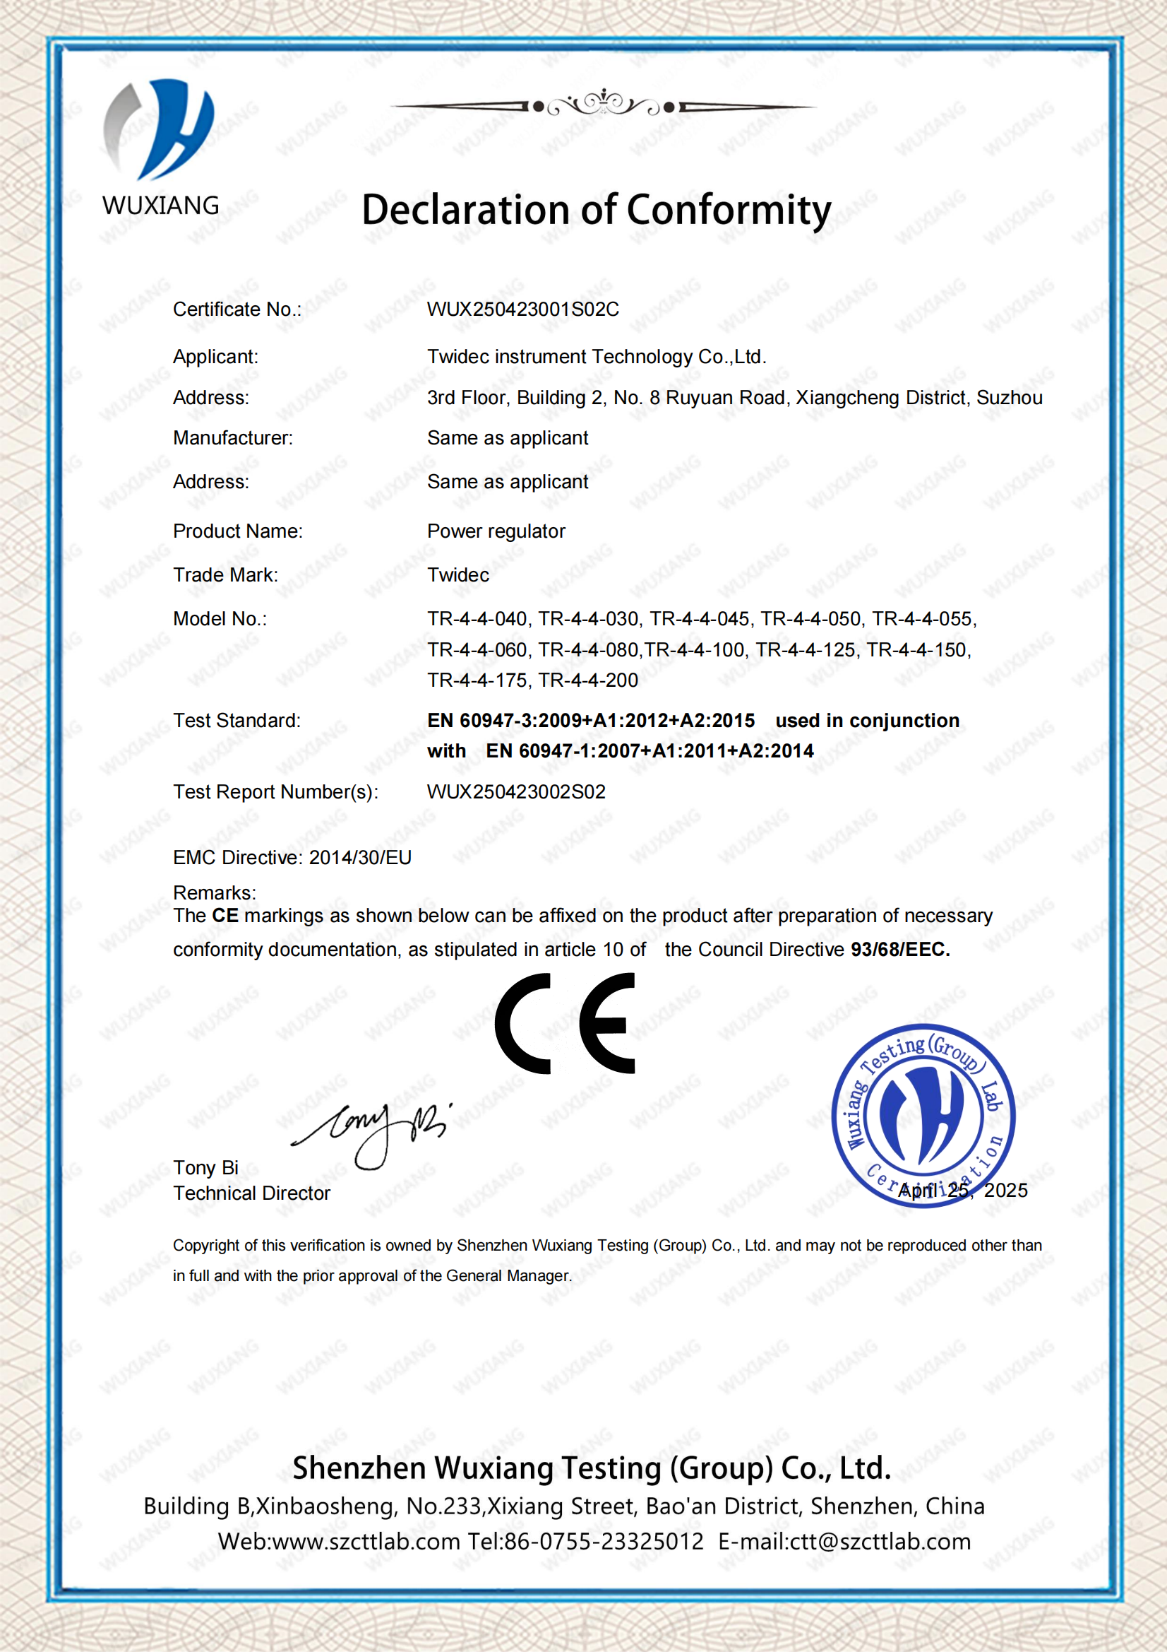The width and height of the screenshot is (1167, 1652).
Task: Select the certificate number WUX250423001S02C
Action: click(x=522, y=309)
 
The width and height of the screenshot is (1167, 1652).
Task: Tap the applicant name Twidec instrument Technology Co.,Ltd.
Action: click(x=596, y=357)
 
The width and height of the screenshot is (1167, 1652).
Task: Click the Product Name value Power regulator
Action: click(x=496, y=532)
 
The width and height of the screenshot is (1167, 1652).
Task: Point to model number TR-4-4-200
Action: click(x=588, y=680)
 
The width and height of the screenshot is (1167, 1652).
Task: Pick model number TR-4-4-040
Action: click(x=477, y=620)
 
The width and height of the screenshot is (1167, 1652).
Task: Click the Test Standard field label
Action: click(x=237, y=721)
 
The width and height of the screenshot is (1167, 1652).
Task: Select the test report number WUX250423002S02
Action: click(x=516, y=792)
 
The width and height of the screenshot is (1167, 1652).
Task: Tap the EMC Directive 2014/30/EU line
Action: click(x=292, y=858)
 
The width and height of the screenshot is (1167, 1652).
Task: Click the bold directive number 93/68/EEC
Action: click(x=899, y=950)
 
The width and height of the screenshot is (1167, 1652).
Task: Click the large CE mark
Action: click(x=565, y=1023)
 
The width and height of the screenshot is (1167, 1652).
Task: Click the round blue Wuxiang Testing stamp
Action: click(x=923, y=1114)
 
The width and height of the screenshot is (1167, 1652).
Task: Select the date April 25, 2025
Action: click(x=963, y=1191)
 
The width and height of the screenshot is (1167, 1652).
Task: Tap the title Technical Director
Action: click(x=251, y=1193)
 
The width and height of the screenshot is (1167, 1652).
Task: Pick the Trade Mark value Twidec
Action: click(x=458, y=576)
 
